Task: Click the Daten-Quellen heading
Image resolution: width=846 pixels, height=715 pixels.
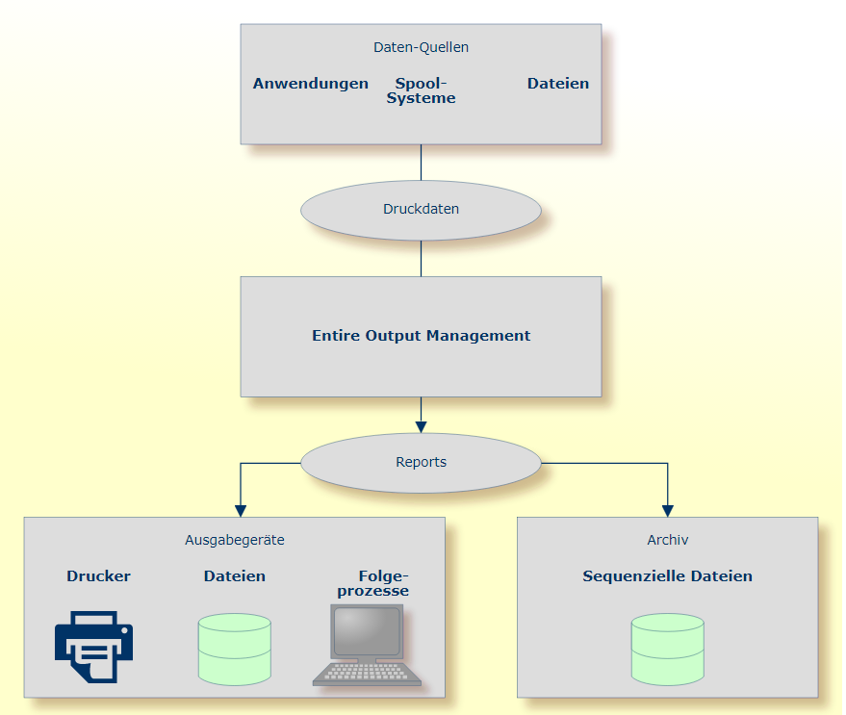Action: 421,47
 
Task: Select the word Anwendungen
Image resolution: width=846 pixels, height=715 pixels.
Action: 310,84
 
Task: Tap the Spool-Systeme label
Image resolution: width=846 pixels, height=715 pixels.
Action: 421,90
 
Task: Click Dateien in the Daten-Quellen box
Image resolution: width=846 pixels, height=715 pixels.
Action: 557,84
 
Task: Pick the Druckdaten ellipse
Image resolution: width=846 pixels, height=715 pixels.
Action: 421,209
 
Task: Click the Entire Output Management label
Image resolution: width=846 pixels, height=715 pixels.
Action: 421,336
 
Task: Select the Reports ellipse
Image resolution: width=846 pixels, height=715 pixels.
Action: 421,462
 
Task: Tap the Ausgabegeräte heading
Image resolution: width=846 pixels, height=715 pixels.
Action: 234,540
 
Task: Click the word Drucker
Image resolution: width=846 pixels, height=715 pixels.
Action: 98,576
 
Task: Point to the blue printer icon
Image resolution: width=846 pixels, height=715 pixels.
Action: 93,647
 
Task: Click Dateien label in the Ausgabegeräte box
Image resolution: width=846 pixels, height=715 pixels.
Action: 234,576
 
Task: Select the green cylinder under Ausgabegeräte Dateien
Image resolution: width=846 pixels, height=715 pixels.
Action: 234,650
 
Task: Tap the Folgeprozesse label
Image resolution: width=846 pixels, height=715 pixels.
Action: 372,583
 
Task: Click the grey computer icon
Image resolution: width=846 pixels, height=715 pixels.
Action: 367,645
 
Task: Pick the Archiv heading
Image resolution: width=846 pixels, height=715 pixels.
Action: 667,540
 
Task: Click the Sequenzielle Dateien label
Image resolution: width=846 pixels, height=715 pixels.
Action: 667,576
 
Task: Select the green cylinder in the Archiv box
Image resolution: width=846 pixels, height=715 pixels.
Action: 667,650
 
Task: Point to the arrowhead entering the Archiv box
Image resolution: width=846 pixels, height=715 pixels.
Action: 667,510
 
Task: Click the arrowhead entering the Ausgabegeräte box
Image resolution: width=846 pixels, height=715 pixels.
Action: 241,510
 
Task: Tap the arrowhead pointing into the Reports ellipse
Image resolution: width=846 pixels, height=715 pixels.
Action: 421,426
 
